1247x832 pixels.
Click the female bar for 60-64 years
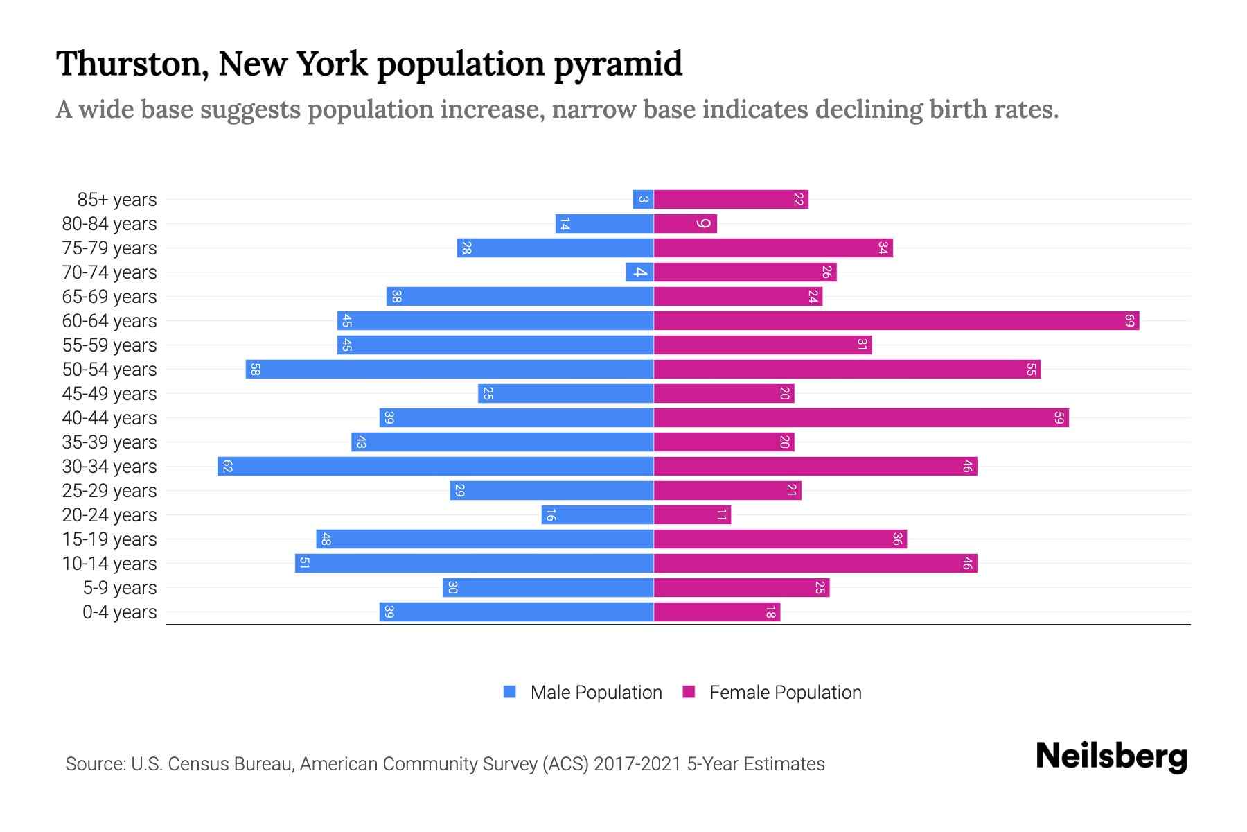click(896, 321)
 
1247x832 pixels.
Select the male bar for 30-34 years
click(435, 467)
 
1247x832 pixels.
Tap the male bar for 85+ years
click(643, 200)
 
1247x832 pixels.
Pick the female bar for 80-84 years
click(684, 224)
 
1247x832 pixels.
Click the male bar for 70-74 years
click(639, 272)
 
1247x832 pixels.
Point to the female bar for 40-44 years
click(860, 418)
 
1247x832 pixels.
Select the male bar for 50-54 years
click(449, 370)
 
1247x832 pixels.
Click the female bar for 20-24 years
click(691, 515)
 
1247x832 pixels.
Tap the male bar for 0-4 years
click(516, 612)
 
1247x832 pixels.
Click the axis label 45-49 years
click(109, 394)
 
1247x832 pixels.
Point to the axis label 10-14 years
click(109, 564)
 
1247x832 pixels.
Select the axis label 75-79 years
click(109, 248)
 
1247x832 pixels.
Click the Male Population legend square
click(510, 692)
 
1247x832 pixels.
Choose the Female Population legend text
click(785, 693)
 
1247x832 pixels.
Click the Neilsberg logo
click(1111, 756)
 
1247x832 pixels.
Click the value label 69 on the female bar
click(1129, 321)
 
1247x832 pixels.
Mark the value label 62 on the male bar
click(227, 467)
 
